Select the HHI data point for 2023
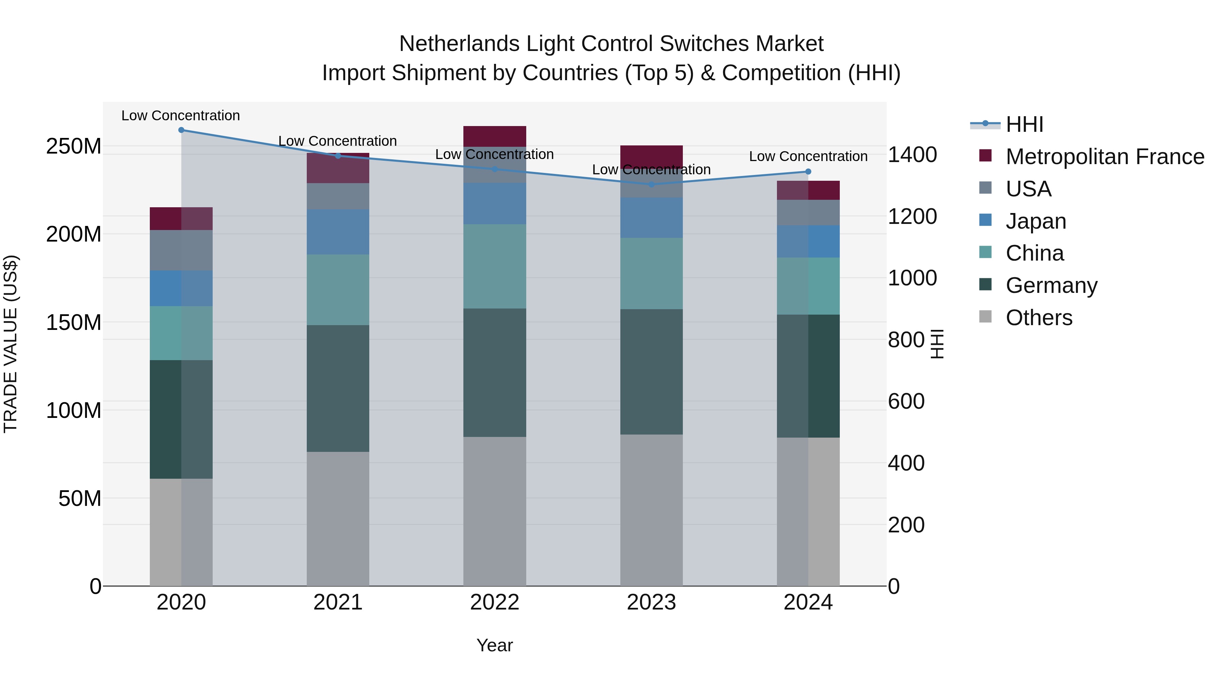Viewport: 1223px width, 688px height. coord(651,184)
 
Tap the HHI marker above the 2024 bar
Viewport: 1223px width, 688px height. coord(808,172)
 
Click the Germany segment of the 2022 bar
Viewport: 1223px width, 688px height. coord(495,373)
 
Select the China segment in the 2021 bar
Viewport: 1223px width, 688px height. coord(338,289)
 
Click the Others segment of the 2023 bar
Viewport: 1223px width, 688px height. coord(651,510)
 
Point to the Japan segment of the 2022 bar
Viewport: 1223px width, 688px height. coord(495,204)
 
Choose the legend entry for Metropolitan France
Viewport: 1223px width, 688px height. coord(1105,157)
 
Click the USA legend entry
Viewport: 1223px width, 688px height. coord(1028,189)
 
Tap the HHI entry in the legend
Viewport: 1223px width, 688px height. coord(1025,124)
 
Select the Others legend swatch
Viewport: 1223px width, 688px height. coord(986,317)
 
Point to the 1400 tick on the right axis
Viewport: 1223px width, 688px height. coord(912,155)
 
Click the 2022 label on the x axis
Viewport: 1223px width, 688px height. coord(495,602)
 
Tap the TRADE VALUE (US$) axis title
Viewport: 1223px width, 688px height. coord(11,344)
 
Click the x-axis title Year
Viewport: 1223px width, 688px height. coord(495,645)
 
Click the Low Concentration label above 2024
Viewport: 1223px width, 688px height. coord(808,156)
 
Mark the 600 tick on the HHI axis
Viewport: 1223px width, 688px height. coord(906,401)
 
